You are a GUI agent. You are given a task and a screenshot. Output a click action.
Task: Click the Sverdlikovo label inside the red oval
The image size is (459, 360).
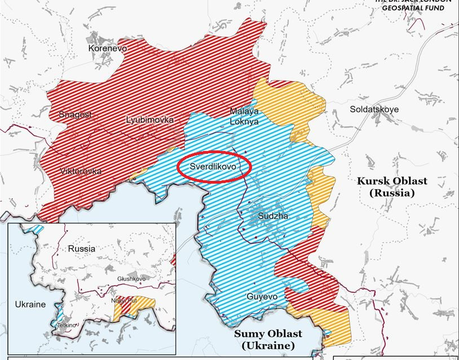212,167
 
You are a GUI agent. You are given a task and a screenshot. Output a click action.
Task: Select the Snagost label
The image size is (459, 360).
75,114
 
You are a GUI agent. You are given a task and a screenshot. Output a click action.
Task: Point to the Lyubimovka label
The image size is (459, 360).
149,119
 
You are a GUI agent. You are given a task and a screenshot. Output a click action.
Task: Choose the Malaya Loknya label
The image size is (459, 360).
244,116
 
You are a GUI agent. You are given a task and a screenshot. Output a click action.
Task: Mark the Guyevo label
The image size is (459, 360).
262,296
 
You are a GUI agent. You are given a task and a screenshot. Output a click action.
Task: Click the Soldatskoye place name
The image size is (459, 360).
374,109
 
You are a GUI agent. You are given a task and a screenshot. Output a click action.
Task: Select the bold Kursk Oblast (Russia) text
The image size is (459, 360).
392,186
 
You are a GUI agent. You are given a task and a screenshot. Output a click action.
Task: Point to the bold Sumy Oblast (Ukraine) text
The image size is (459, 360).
268,339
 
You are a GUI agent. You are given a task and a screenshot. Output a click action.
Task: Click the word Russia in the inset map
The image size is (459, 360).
81,248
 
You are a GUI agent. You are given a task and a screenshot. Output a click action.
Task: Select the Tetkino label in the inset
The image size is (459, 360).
66,325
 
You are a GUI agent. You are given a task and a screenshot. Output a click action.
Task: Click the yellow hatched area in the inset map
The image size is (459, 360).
141,307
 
